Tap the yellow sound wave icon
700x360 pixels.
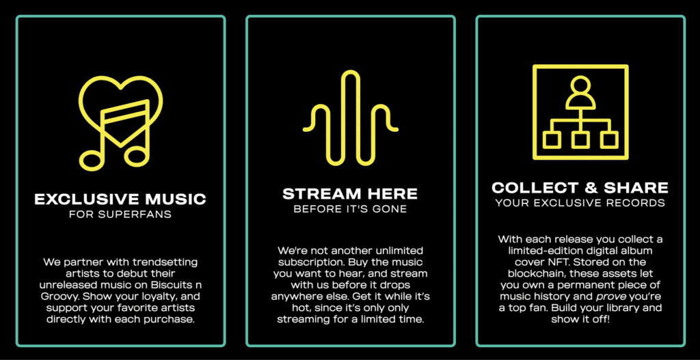point(351,117)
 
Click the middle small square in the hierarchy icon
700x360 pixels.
point(580,140)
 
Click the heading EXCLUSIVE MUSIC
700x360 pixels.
point(120,199)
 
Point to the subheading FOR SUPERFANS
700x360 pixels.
point(120,214)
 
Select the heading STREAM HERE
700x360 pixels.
point(350,194)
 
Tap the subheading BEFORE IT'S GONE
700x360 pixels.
point(350,209)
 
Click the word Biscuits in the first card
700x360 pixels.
point(165,285)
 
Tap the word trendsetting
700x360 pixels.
point(170,262)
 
